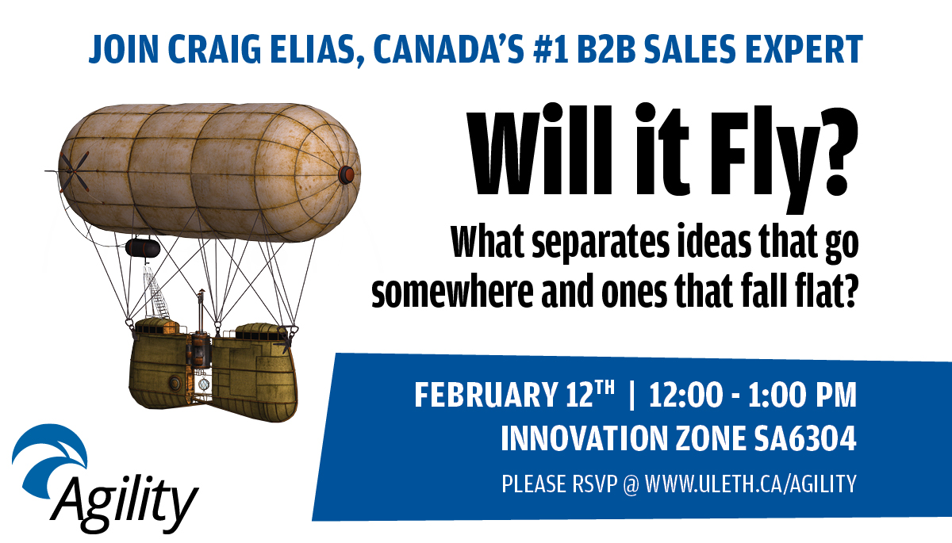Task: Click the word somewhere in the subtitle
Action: pyautogui.click(x=452, y=291)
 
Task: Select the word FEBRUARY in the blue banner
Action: pyautogui.click(x=486, y=395)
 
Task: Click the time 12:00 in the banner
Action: pyautogui.click(x=685, y=395)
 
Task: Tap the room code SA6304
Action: pyautogui.click(x=805, y=438)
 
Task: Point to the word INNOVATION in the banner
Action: pyautogui.click(x=585, y=438)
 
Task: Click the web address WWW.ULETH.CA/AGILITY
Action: pyautogui.click(x=750, y=484)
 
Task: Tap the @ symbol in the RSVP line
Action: pyautogui.click(x=631, y=484)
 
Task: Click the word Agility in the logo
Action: pyautogui.click(x=124, y=504)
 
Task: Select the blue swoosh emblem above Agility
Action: pyautogui.click(x=49, y=458)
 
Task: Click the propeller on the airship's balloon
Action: pyautogui.click(x=75, y=171)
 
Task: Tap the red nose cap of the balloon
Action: pyautogui.click(x=347, y=174)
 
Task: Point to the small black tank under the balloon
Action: pyautogui.click(x=143, y=248)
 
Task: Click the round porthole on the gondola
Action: pyautogui.click(x=175, y=384)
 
